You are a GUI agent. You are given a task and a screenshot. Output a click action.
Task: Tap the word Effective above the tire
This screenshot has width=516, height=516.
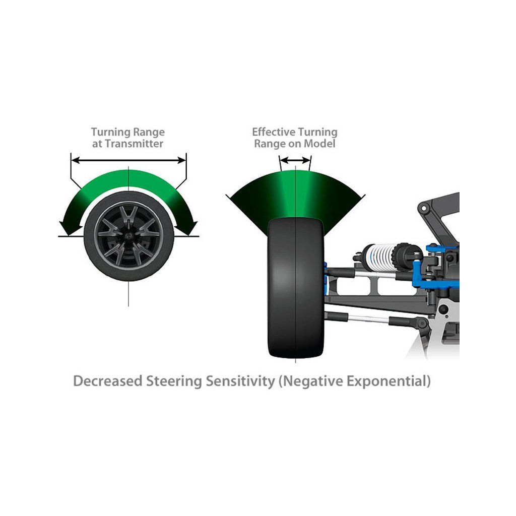274,132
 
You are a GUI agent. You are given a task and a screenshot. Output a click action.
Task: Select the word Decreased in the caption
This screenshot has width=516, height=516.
107,381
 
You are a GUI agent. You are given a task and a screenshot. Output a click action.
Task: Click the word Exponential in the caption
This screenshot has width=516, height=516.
386,381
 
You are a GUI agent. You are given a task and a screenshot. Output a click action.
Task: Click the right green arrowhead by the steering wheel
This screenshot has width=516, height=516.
190,226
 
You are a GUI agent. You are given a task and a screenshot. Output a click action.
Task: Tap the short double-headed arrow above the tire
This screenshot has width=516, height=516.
295,160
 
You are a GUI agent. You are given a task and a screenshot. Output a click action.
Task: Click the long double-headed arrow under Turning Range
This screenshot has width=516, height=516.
129,161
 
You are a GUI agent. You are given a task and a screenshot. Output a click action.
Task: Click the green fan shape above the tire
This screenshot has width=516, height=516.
295,194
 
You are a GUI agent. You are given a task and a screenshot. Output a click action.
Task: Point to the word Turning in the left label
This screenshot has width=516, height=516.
109,132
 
